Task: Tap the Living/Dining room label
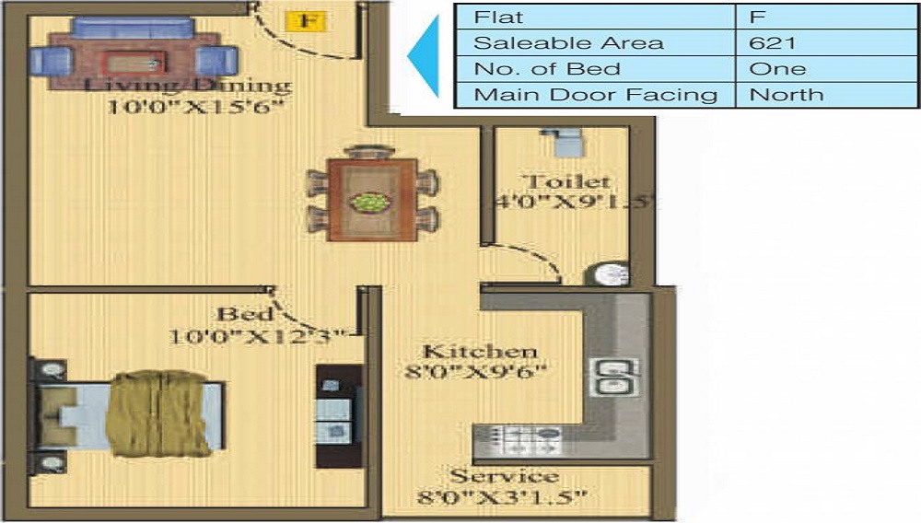[x=188, y=87]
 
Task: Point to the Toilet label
[x=565, y=180]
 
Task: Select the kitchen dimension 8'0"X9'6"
[x=477, y=372]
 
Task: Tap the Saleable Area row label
[x=567, y=42]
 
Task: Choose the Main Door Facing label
[x=595, y=94]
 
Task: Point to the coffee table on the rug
[x=133, y=63]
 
